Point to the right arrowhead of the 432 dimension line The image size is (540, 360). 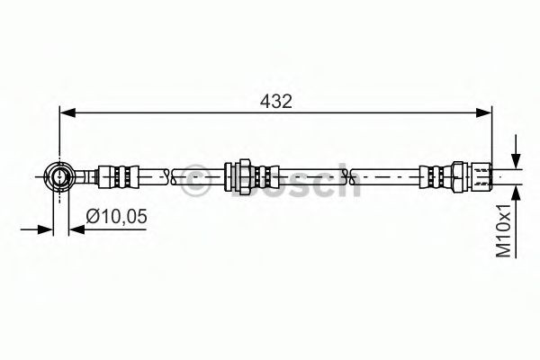[486, 112]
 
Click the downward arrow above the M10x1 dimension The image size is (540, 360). [514, 153]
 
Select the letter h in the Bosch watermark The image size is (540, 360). [344, 183]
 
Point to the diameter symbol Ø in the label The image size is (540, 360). [92, 216]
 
